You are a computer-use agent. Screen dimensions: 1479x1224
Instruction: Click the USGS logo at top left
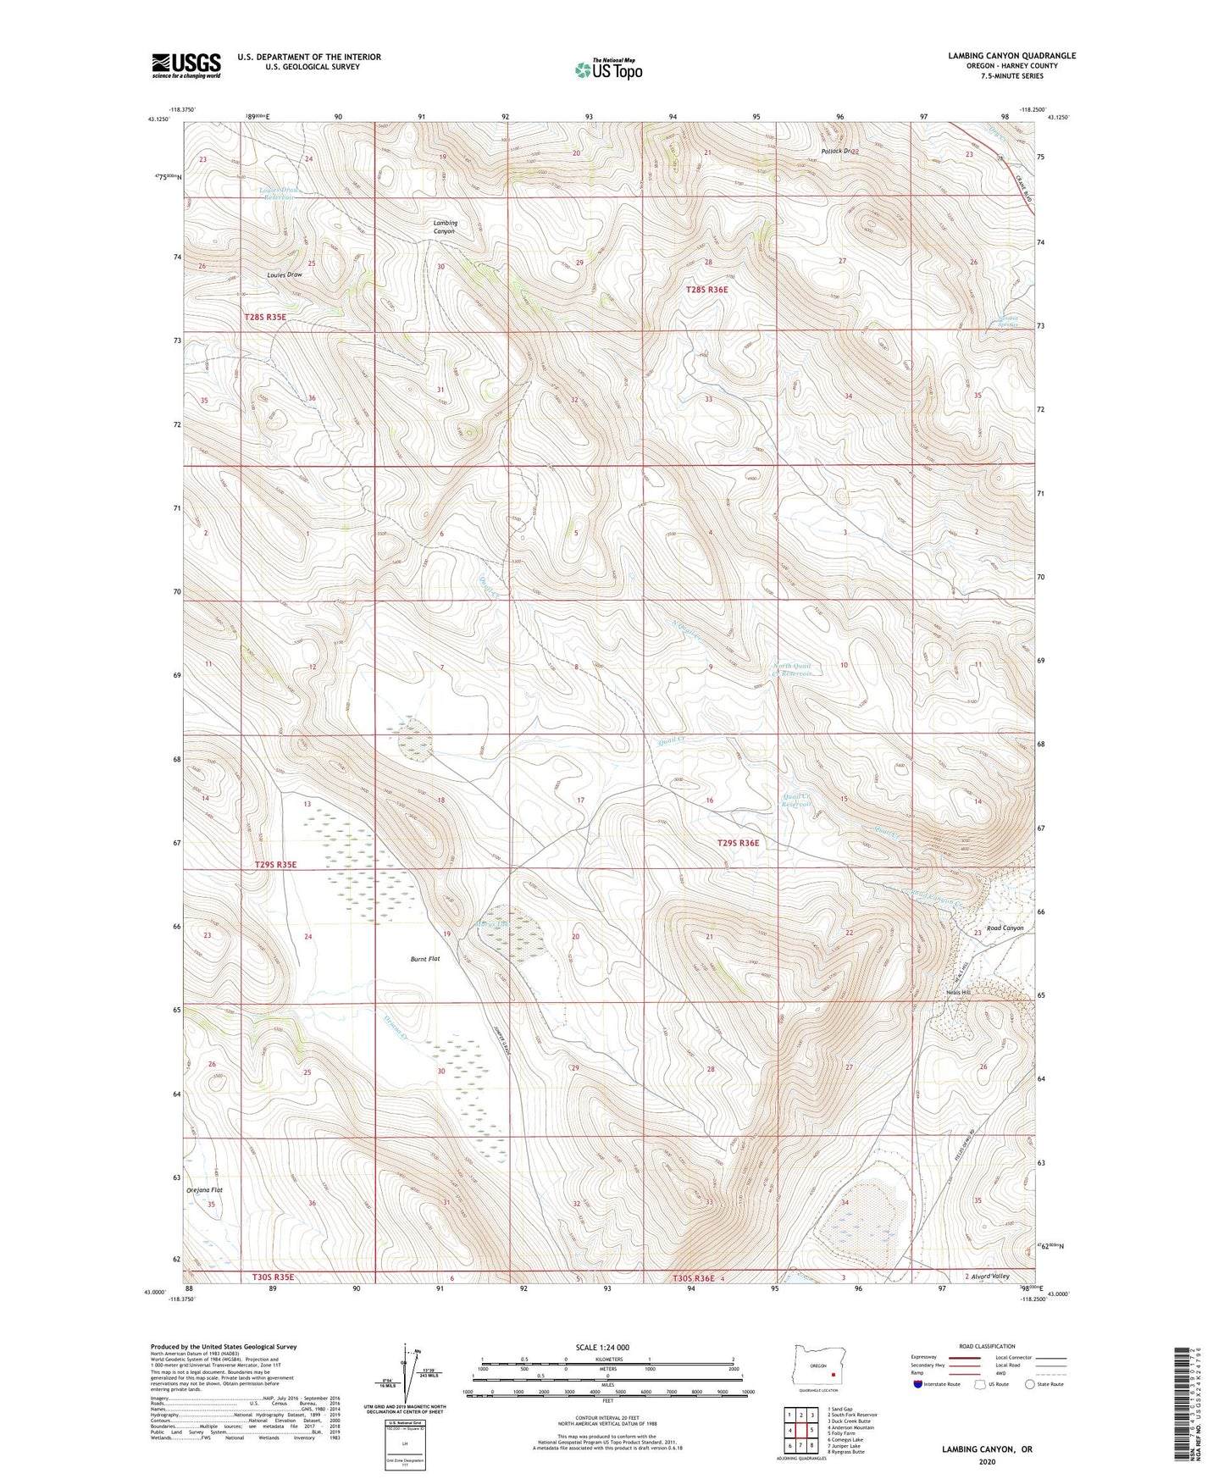[x=186, y=64]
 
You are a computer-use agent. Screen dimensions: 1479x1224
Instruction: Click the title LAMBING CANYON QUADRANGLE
[x=1011, y=56]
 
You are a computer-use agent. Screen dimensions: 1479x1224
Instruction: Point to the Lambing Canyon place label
[x=444, y=226]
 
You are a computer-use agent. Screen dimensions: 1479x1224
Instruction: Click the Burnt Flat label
[x=425, y=959]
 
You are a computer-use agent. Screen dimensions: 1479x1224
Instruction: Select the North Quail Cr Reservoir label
[x=792, y=670]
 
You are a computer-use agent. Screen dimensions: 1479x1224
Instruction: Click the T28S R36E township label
[x=706, y=290]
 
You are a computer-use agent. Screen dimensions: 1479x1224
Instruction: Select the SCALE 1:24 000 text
[x=601, y=1347]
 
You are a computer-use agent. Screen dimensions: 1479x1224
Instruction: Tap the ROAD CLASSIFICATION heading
[x=987, y=1346]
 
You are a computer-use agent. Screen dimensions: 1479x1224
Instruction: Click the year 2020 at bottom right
[x=986, y=1461]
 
